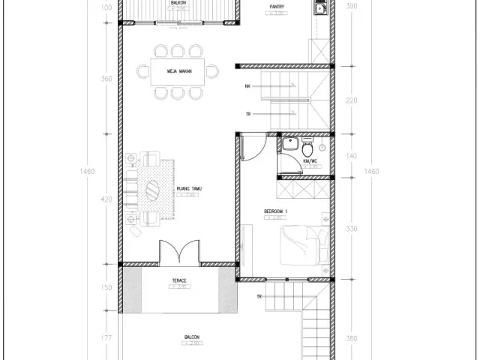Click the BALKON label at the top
click(179, 3)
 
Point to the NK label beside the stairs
click(247, 86)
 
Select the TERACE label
click(178, 282)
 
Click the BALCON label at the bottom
click(191, 337)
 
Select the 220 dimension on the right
click(352, 100)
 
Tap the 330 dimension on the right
click(352, 229)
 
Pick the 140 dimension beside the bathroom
click(352, 156)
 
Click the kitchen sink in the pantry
click(320, 9)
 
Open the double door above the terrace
click(178, 252)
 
